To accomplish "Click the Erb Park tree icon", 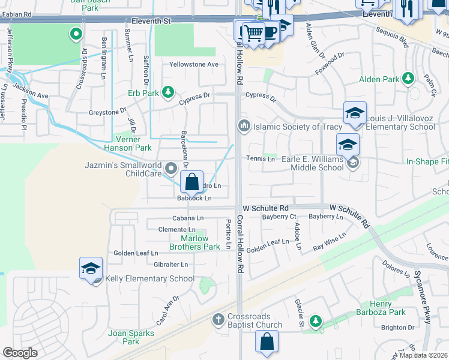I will click(169, 92).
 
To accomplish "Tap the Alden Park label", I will click(379, 79).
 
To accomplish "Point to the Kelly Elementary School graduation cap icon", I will click(91, 268).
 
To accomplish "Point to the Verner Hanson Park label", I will click(127, 143).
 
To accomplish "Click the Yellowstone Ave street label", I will click(193, 64).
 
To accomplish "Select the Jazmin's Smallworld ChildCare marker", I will click(171, 168).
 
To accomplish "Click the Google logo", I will click(20, 353).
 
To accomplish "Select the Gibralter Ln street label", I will click(171, 265).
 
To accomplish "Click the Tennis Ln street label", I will click(261, 159).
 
